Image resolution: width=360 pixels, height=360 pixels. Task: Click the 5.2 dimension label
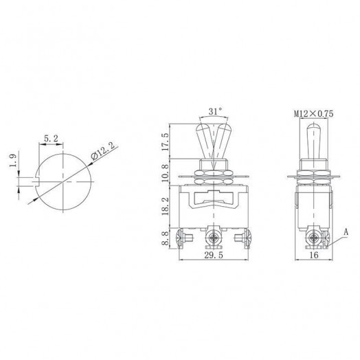(50, 138)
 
